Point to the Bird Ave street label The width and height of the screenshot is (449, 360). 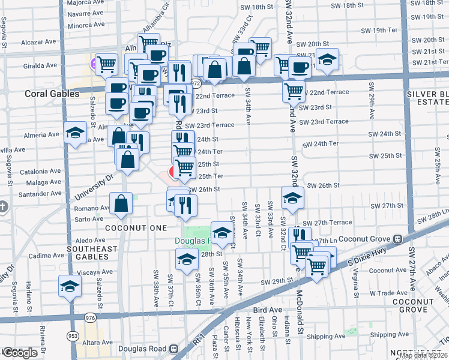(267, 310)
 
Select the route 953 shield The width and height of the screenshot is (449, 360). (72, 336)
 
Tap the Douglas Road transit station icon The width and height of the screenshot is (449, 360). (173, 348)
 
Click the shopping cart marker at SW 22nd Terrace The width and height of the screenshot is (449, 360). (294, 91)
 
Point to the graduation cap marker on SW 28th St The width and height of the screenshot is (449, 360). (187, 259)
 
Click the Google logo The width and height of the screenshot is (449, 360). (20, 353)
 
